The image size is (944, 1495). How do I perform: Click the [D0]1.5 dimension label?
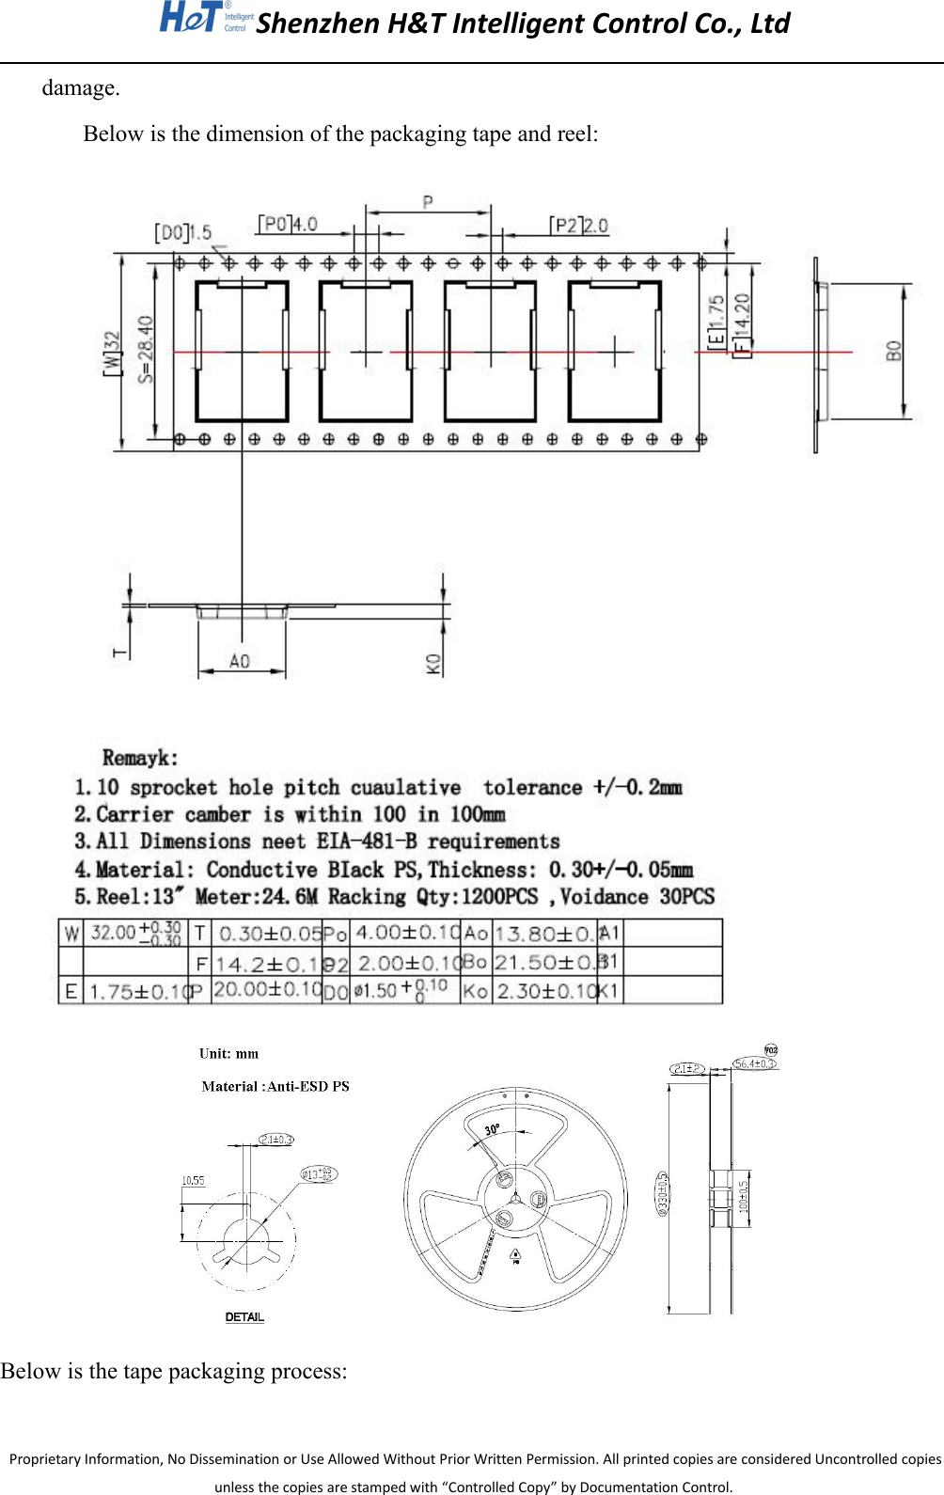coord(183,232)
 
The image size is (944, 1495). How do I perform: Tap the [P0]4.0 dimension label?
coord(288,224)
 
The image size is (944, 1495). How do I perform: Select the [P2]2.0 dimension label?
coord(579,226)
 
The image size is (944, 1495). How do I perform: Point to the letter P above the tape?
coord(428,201)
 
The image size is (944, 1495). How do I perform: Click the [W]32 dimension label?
coord(112,353)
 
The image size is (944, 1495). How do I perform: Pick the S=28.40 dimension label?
coord(145,349)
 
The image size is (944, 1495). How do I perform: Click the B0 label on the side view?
coord(893,352)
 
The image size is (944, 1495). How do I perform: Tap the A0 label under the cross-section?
coord(240,661)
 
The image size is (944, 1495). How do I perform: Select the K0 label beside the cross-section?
coord(433,664)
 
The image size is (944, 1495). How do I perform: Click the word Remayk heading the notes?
coord(139,758)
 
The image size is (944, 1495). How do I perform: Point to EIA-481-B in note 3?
coord(367,842)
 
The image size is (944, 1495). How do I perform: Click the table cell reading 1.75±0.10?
coord(138,992)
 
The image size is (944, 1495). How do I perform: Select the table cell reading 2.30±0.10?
coord(546,992)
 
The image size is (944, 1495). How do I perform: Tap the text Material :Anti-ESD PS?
coord(275,1086)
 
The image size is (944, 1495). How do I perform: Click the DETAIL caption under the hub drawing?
coord(244,1317)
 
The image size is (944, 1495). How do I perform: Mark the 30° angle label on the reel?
coord(492,1129)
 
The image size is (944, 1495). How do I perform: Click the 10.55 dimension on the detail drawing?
coord(193,1180)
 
